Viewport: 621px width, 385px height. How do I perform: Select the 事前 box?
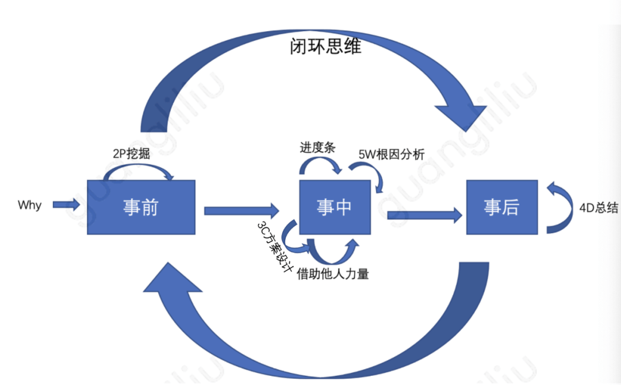[141, 207]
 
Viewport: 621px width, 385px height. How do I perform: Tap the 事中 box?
[334, 207]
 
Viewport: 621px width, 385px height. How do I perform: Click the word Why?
[29, 205]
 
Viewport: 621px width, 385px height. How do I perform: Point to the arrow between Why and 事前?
[66, 205]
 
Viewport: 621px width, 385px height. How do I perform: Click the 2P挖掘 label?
[132, 154]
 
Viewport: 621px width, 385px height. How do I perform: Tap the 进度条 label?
[317, 148]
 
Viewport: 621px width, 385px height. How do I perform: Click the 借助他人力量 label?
[332, 274]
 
